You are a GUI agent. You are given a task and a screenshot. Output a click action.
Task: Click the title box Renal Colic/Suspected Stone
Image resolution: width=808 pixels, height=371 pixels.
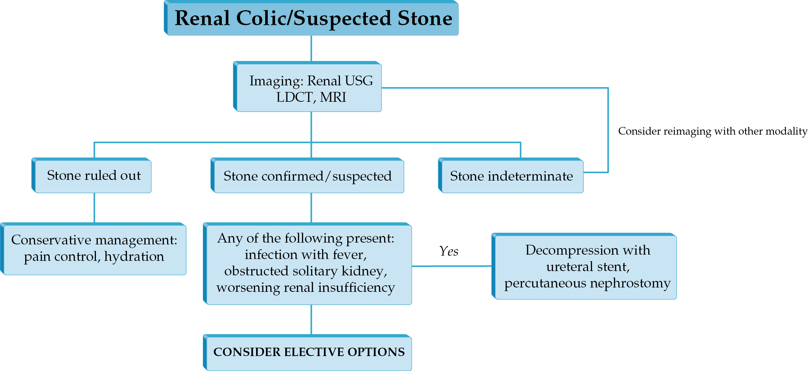coord(312,18)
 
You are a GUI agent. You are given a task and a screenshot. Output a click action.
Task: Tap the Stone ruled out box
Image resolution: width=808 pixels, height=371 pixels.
coord(93,176)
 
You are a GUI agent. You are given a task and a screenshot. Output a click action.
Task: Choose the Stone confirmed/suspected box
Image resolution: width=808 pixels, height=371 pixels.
coord(308,176)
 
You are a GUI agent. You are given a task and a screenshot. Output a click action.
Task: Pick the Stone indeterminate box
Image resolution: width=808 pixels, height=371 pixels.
coord(511,176)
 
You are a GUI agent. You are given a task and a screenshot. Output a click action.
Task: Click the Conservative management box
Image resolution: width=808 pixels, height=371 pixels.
coord(94,248)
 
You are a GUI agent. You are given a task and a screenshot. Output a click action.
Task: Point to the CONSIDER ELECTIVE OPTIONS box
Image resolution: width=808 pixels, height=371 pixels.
coord(309,352)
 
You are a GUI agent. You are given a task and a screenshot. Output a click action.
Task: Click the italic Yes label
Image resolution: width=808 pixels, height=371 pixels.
coord(449,251)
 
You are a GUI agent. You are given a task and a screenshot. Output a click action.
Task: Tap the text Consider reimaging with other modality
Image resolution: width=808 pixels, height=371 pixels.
coord(712,131)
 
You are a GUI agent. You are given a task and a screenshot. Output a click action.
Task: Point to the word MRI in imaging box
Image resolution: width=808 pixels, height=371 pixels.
coord(333,97)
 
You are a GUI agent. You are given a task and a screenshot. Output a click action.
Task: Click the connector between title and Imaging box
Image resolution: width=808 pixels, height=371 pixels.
coord(311,49)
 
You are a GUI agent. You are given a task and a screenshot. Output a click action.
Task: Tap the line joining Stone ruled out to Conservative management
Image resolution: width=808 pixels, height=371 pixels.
coord(94,208)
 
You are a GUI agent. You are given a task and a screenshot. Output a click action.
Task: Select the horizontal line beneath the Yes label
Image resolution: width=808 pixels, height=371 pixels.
coord(452,266)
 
